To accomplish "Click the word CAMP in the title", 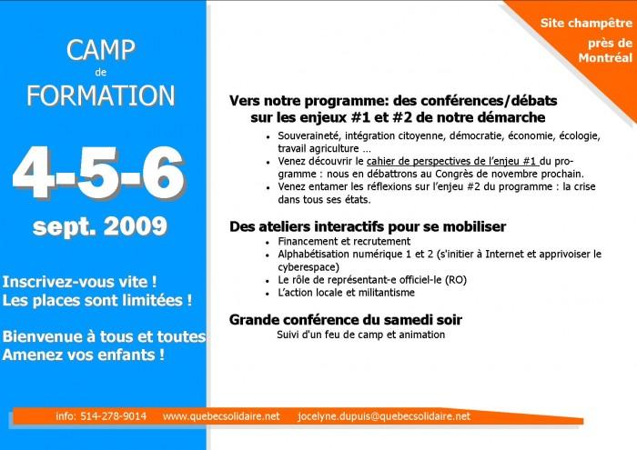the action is click(101, 50).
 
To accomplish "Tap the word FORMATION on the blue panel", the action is click(101, 95).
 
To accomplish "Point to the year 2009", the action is click(136, 226).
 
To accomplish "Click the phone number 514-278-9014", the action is click(114, 416).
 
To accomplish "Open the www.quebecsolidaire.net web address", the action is click(221, 416).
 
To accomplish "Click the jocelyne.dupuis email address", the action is click(384, 416).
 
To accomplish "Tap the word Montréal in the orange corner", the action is click(605, 57).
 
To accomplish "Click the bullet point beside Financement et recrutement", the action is click(268, 243).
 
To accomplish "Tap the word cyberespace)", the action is click(308, 267).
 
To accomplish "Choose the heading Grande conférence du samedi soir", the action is click(346, 320).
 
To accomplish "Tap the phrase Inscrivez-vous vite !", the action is click(80, 282).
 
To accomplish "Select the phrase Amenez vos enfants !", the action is click(84, 355).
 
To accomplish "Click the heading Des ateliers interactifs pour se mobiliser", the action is click(368, 226).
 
